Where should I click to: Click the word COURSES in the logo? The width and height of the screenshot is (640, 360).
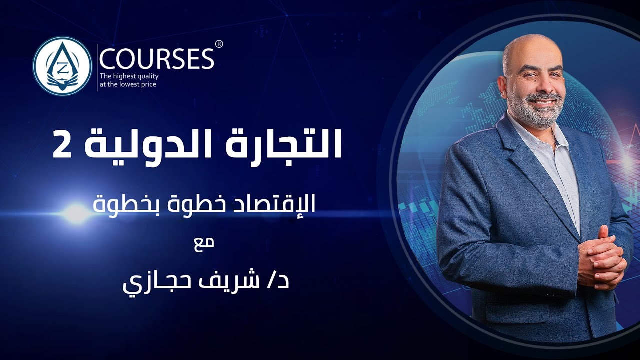156,59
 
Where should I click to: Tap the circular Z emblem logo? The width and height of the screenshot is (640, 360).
62,66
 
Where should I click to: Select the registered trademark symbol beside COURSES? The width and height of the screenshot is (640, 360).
219,44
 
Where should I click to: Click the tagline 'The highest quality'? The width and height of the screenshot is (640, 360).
128,76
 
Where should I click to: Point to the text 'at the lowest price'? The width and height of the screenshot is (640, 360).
128,85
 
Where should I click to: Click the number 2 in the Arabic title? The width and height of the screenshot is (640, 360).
63,145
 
